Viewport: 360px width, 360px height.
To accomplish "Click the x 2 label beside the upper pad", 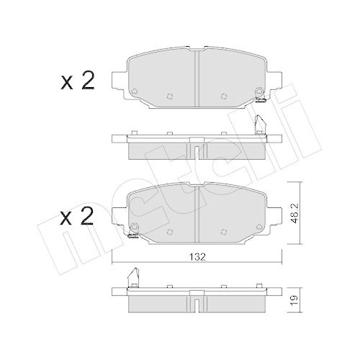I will (x=77, y=80).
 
